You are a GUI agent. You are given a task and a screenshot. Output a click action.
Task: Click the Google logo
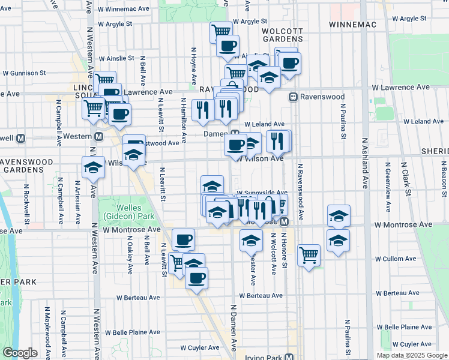tap(19, 353)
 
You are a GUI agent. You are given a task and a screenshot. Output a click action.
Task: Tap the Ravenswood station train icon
tap(294, 96)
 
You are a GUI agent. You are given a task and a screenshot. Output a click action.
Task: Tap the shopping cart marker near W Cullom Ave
tap(309, 255)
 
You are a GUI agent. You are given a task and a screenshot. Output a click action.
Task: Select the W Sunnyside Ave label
tap(262, 192)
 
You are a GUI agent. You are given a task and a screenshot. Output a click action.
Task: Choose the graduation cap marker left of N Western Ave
tap(92, 169)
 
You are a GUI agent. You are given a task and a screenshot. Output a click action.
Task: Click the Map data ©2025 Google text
tap(411, 355)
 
